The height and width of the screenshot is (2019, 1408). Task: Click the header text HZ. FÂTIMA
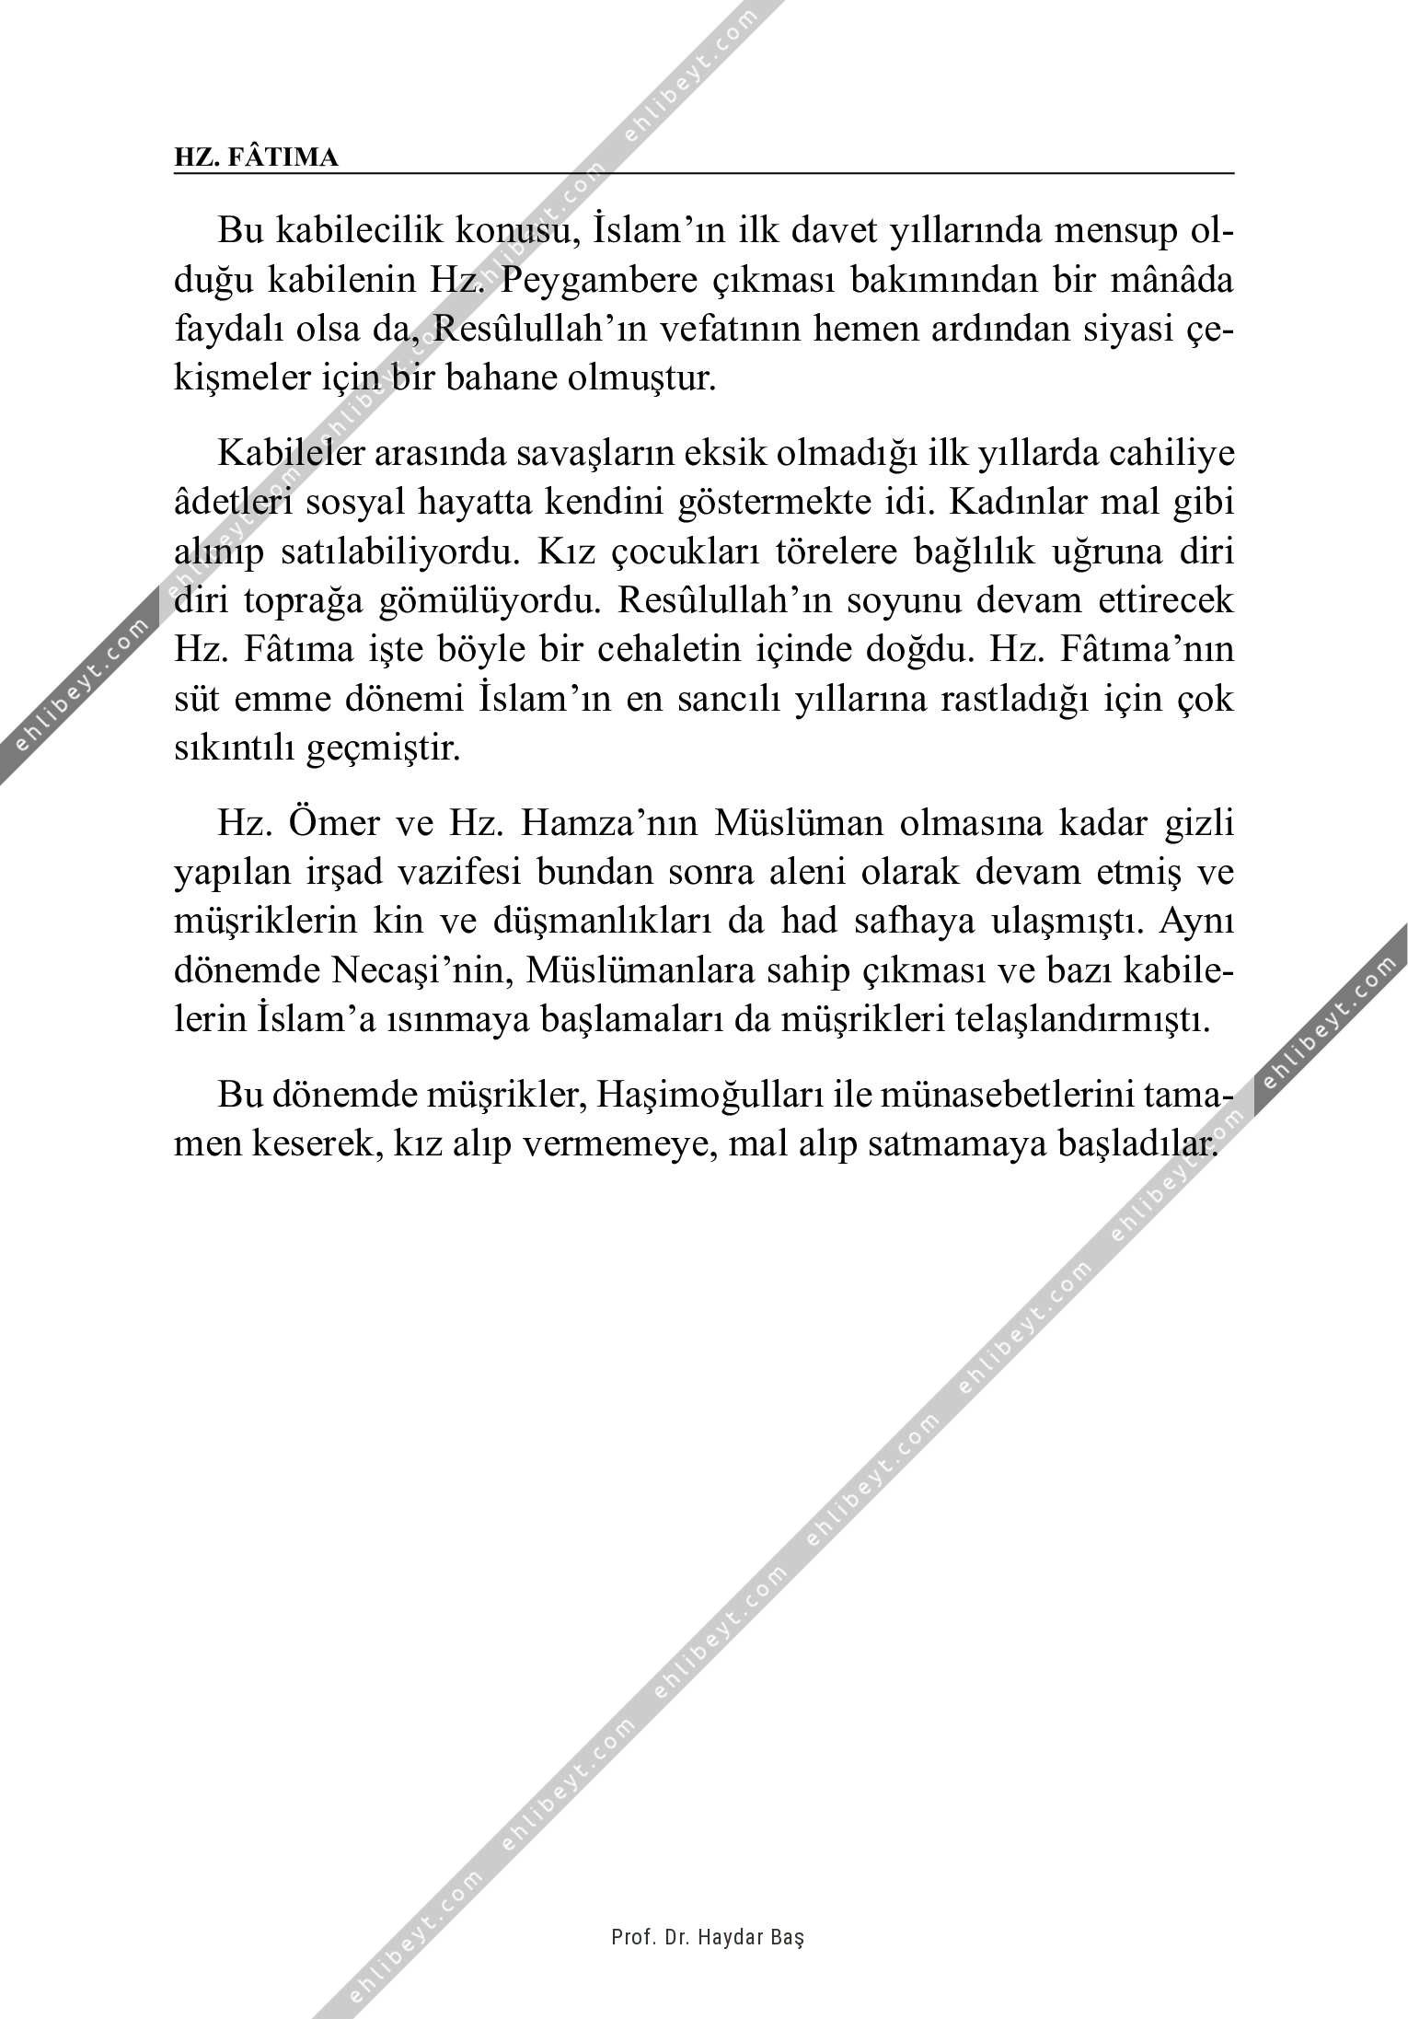tap(256, 157)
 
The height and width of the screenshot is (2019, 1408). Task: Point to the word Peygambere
tap(600, 281)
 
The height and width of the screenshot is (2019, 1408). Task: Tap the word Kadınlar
tap(1018, 503)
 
